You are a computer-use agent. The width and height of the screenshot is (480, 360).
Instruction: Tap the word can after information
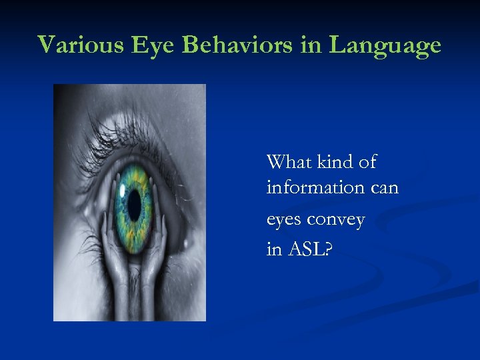[x=384, y=188]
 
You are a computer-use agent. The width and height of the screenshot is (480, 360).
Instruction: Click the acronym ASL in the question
[x=313, y=250]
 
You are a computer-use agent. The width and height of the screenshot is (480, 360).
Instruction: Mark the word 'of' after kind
[x=367, y=162]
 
